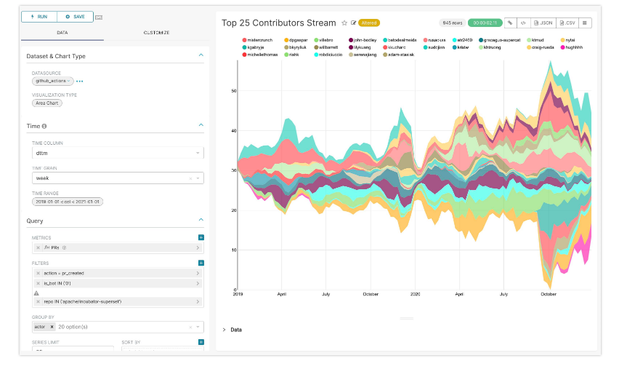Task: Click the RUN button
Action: (39, 16)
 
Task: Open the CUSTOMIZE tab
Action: (156, 33)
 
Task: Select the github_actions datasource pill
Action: (52, 81)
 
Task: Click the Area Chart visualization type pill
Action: (47, 103)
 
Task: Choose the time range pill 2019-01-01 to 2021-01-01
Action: (67, 202)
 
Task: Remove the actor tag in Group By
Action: (52, 327)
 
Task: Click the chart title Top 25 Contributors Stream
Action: (278, 23)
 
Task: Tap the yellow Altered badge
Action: (369, 23)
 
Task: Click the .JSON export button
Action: (543, 23)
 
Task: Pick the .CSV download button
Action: (567, 23)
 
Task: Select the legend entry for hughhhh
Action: (573, 47)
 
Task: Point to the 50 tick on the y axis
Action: (233, 92)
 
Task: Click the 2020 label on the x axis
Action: (415, 295)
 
